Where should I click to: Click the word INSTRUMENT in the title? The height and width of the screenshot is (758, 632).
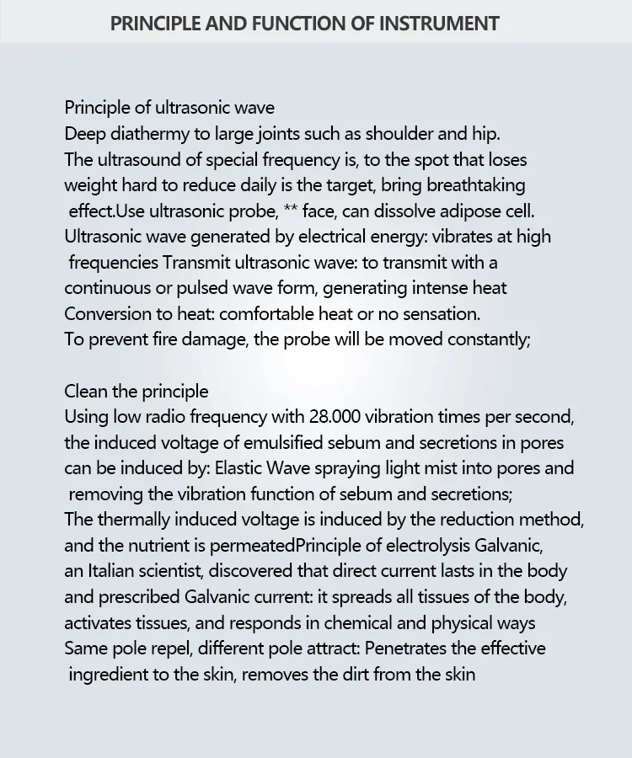pyautogui.click(x=439, y=23)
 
